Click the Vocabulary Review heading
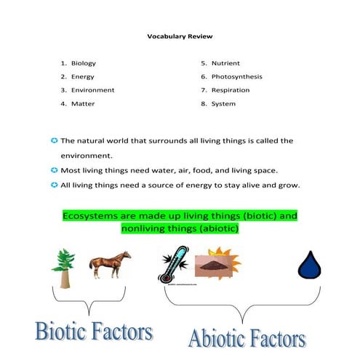pyautogui.click(x=180, y=36)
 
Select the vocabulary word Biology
pyautogui.click(x=83, y=63)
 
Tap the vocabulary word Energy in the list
pyautogui.click(x=82, y=76)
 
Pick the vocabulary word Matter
pyautogui.click(x=82, y=104)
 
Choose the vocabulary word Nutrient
pyautogui.click(x=225, y=63)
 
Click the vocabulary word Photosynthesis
pyautogui.click(x=236, y=76)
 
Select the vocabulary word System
pyautogui.click(x=223, y=104)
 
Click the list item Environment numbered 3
pyautogui.click(x=92, y=90)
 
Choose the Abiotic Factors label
pyautogui.click(x=247, y=337)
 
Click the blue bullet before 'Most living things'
pyautogui.click(x=54, y=170)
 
